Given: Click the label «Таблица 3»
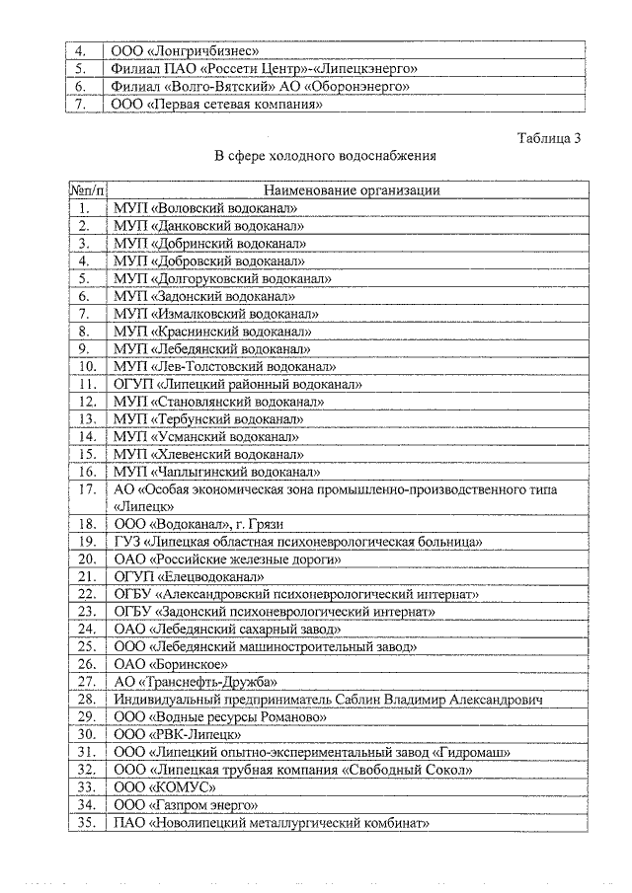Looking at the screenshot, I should (548, 138).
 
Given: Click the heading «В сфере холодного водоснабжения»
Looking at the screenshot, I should (326, 156).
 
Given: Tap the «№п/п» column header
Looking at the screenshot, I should (87, 190).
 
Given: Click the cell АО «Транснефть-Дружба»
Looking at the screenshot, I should (195, 682).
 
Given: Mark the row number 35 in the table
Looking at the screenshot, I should (86, 823).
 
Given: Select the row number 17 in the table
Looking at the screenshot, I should (86, 489).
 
